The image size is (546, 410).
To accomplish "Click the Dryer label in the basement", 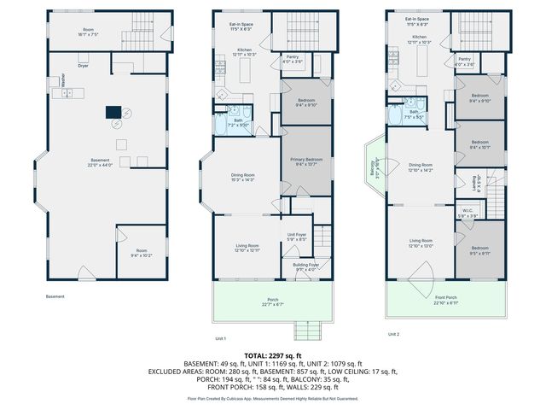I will click(84, 65).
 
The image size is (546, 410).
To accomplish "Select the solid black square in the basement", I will click(113, 111).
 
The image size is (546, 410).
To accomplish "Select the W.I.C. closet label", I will click(468, 214).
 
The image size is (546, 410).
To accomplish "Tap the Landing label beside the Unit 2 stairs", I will click(478, 181).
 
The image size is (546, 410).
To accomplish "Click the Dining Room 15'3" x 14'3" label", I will click(244, 177).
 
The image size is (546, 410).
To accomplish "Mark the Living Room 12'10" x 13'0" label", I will click(421, 243).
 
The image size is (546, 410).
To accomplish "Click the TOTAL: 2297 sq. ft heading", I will click(273, 355).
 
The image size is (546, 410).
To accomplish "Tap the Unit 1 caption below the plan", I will click(220, 338).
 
